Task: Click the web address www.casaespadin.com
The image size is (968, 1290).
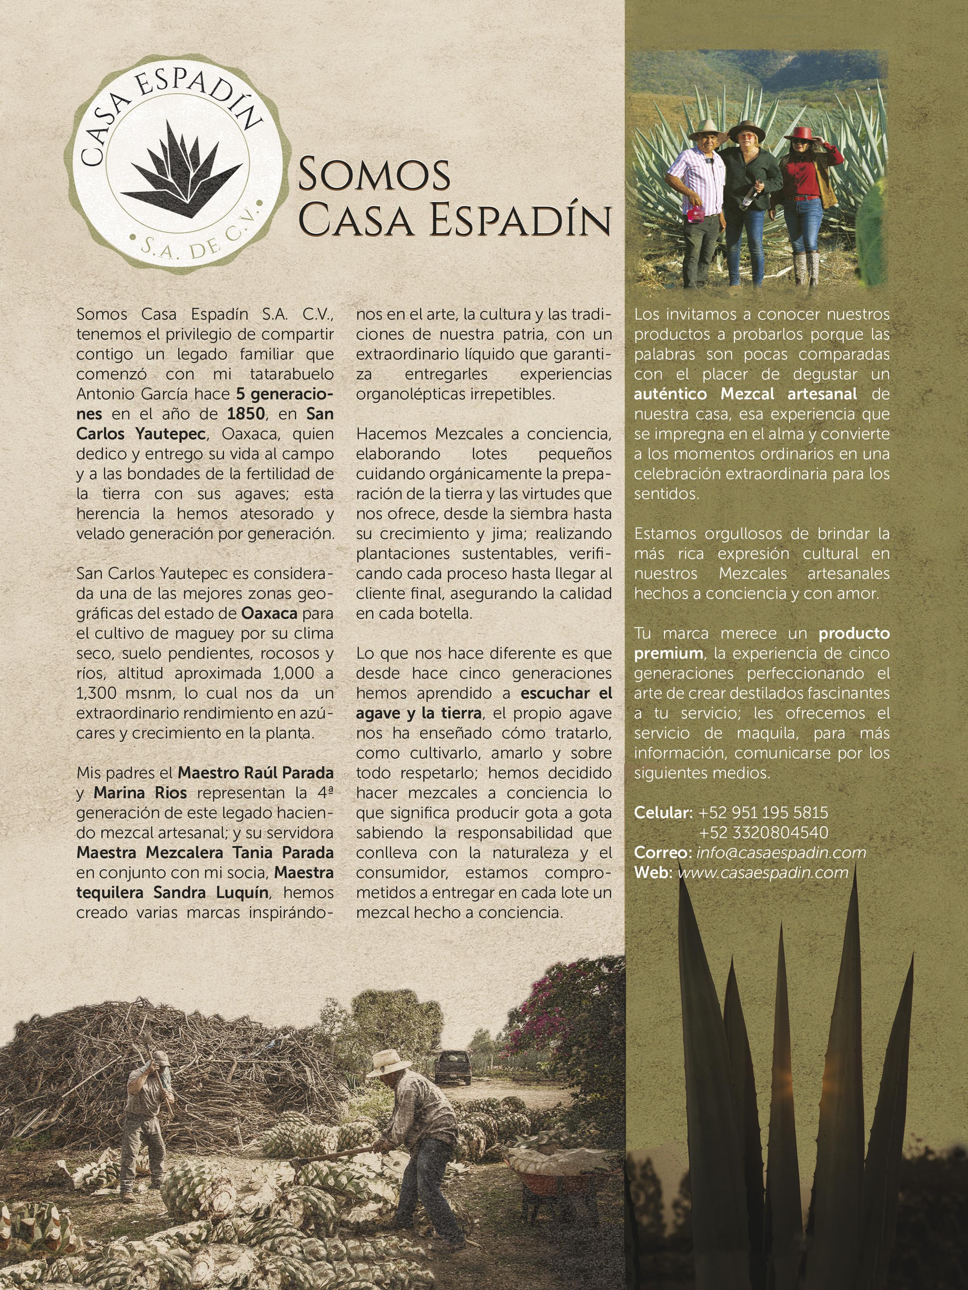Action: click(x=763, y=873)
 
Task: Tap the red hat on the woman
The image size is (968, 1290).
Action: click(x=801, y=133)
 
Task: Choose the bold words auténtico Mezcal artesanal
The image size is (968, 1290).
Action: click(x=745, y=394)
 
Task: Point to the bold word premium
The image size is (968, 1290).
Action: click(x=668, y=653)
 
